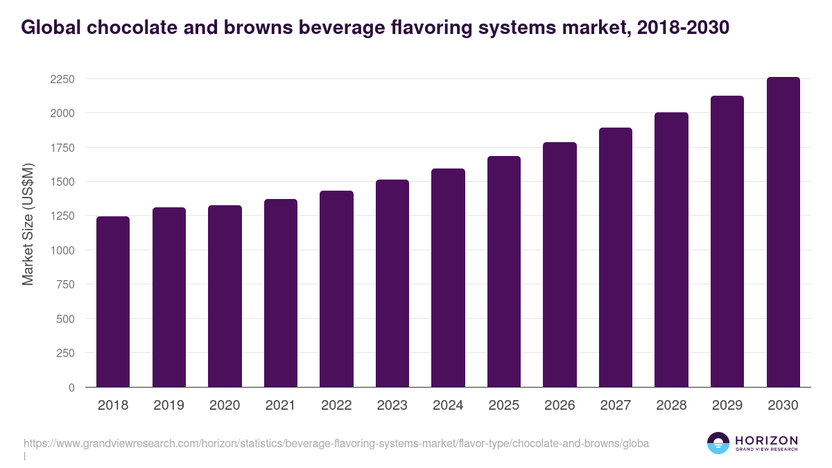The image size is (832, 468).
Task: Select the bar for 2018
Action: pyautogui.click(x=113, y=302)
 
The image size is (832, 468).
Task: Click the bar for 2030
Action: pyautogui.click(x=783, y=232)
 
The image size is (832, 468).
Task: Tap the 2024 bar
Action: pyautogui.click(x=448, y=277)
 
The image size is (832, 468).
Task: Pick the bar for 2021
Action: pyautogui.click(x=280, y=293)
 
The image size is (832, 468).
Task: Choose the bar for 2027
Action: pyautogui.click(x=616, y=257)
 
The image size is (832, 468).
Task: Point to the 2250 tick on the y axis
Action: pyautogui.click(x=62, y=79)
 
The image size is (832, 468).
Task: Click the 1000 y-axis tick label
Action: pyautogui.click(x=62, y=250)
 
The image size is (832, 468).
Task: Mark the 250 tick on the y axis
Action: pyautogui.click(x=64, y=353)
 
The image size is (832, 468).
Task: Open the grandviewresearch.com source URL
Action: pyautogui.click(x=336, y=443)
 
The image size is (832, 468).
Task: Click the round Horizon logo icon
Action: pyautogui.click(x=718, y=443)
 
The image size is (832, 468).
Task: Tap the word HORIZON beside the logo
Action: pyautogui.click(x=766, y=440)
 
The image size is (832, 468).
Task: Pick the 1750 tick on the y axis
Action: pyautogui.click(x=62, y=148)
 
